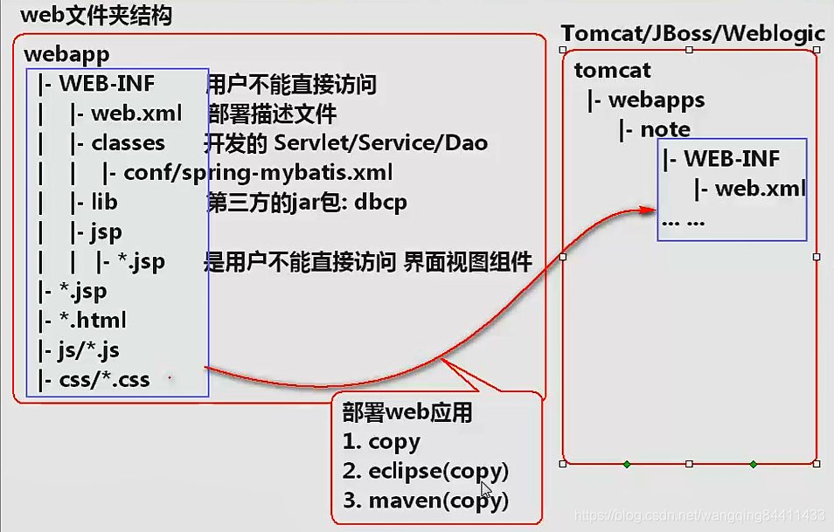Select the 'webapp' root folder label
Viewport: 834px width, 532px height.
66,54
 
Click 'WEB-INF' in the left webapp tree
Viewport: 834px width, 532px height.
107,85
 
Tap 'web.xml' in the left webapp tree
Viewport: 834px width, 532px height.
136,114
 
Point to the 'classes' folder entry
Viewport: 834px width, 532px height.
128,143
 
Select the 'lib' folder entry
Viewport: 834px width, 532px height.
104,203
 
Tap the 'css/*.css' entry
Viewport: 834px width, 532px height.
104,380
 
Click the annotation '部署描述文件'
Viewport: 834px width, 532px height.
272,114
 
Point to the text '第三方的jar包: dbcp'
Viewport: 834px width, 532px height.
306,203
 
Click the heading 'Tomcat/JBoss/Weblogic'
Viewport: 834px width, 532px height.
692,34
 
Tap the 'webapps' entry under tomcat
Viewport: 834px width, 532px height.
657,100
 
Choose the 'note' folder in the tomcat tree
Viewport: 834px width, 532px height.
665,129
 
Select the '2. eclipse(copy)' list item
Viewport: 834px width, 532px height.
426,472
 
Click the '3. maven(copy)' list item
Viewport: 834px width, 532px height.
426,501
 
